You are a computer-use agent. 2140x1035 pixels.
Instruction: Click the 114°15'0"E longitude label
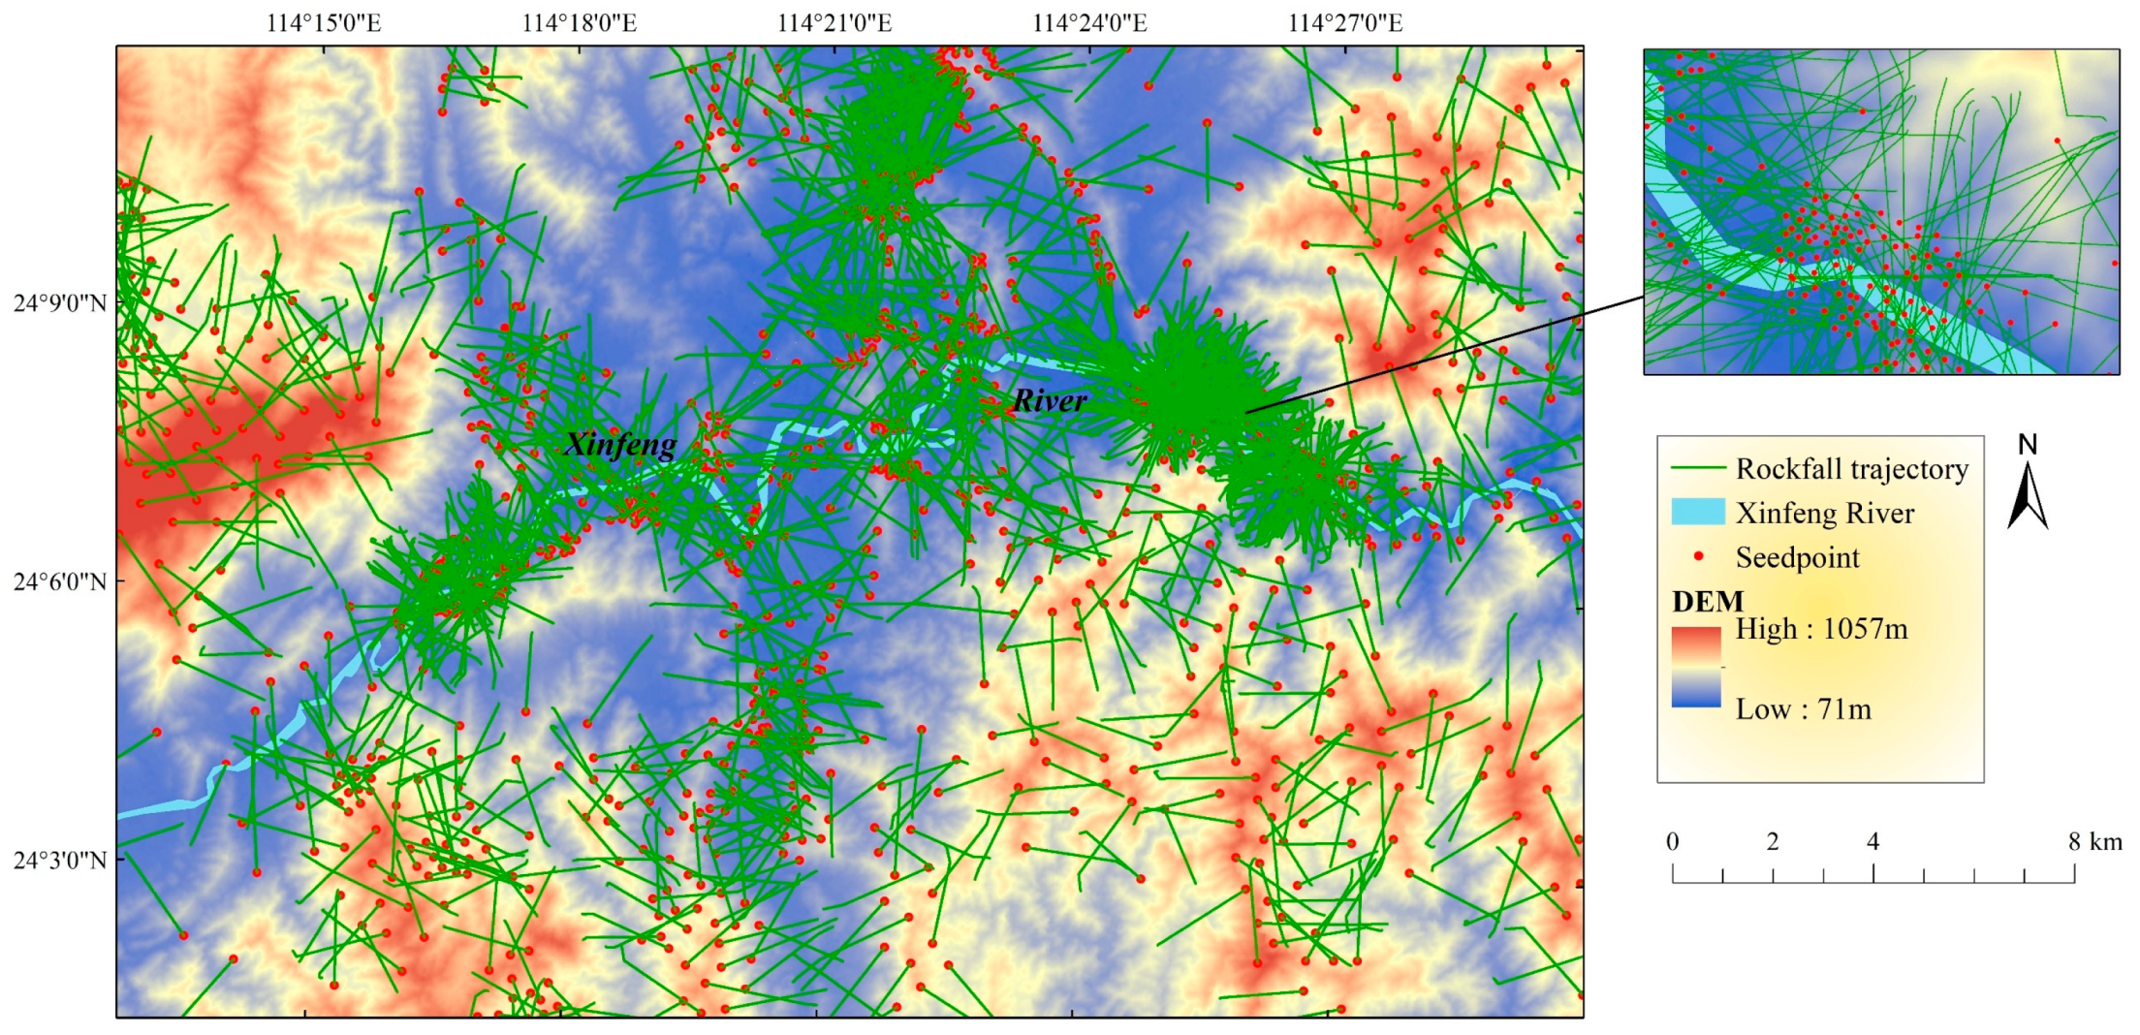tap(324, 22)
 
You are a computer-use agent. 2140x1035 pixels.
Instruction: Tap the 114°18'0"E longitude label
tap(579, 22)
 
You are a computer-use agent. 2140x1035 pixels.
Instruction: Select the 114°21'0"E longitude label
tap(834, 22)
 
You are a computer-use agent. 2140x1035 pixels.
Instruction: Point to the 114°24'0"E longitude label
tap(1089, 22)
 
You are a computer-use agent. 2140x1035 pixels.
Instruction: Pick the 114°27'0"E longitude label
tap(1344, 22)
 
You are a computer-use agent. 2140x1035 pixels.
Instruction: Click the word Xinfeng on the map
tap(620, 445)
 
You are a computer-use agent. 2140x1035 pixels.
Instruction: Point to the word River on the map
tap(1050, 400)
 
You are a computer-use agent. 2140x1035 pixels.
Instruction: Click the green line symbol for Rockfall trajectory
tap(1697, 469)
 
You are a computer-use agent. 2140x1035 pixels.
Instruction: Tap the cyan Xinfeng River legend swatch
tap(1697, 513)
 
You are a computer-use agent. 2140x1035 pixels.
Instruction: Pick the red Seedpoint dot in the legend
tap(1698, 556)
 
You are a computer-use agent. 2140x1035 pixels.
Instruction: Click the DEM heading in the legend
tap(1707, 602)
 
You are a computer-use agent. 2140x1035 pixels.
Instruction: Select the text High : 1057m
tap(1821, 630)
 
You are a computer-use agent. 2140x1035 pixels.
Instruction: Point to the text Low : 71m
tap(1803, 709)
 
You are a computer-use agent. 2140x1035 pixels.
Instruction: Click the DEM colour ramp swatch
tap(1696, 667)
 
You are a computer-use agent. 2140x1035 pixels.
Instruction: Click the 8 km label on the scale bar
tap(2094, 841)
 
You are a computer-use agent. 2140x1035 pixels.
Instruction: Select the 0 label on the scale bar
tap(1673, 841)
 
